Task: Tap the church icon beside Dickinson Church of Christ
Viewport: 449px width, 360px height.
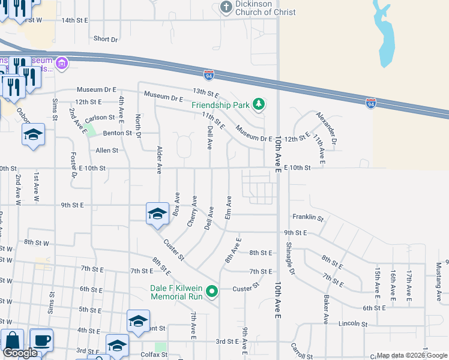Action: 226,7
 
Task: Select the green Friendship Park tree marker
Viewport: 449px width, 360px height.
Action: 259,105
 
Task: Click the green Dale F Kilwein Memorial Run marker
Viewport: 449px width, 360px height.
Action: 211,292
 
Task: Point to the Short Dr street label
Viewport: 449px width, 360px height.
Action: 106,39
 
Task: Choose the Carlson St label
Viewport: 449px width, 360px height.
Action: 100,118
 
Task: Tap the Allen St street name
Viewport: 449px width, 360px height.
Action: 107,150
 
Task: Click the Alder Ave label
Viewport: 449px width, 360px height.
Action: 160,160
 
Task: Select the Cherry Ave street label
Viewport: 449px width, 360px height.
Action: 192,211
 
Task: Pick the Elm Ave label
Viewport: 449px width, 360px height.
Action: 228,207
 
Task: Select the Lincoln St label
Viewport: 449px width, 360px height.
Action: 352,324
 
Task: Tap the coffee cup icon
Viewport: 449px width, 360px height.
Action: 41,340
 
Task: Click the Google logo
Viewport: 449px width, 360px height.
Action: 20,353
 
